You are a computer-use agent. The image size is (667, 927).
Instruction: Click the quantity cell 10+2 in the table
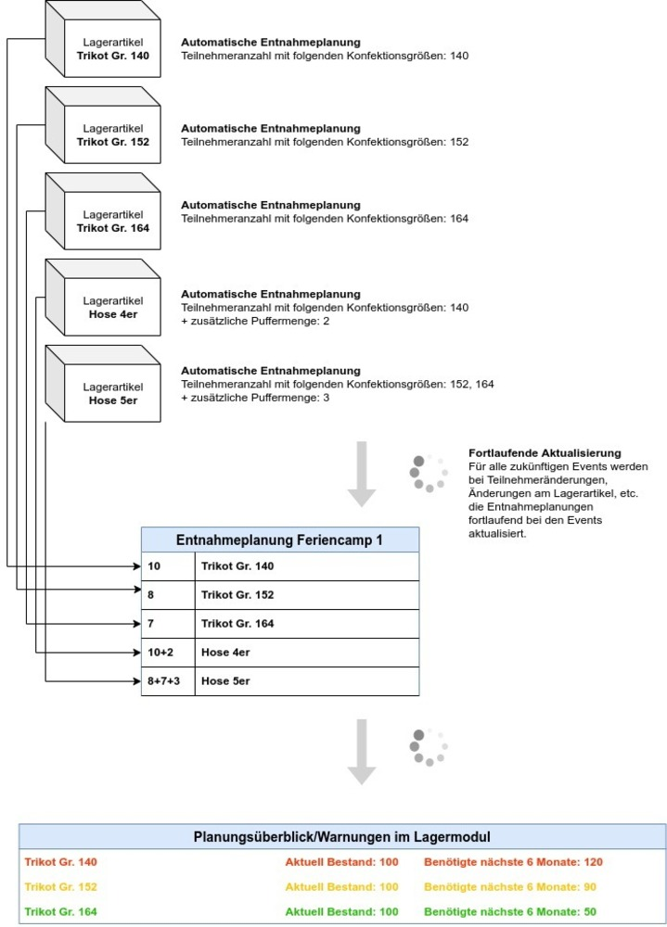pyautogui.click(x=167, y=653)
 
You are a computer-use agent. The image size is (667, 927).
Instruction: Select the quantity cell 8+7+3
pyautogui.click(x=167, y=681)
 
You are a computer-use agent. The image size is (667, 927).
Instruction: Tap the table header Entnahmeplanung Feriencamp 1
pyautogui.click(x=279, y=540)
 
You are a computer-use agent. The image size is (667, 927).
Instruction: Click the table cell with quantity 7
pyautogui.click(x=167, y=624)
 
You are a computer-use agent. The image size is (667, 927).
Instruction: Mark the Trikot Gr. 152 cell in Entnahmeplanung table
pyautogui.click(x=306, y=594)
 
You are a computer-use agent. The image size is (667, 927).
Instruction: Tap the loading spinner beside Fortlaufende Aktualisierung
pyautogui.click(x=429, y=473)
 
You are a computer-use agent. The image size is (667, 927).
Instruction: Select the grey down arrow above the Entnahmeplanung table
pyautogui.click(x=361, y=474)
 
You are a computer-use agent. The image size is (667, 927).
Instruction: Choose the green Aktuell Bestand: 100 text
pyautogui.click(x=341, y=911)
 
